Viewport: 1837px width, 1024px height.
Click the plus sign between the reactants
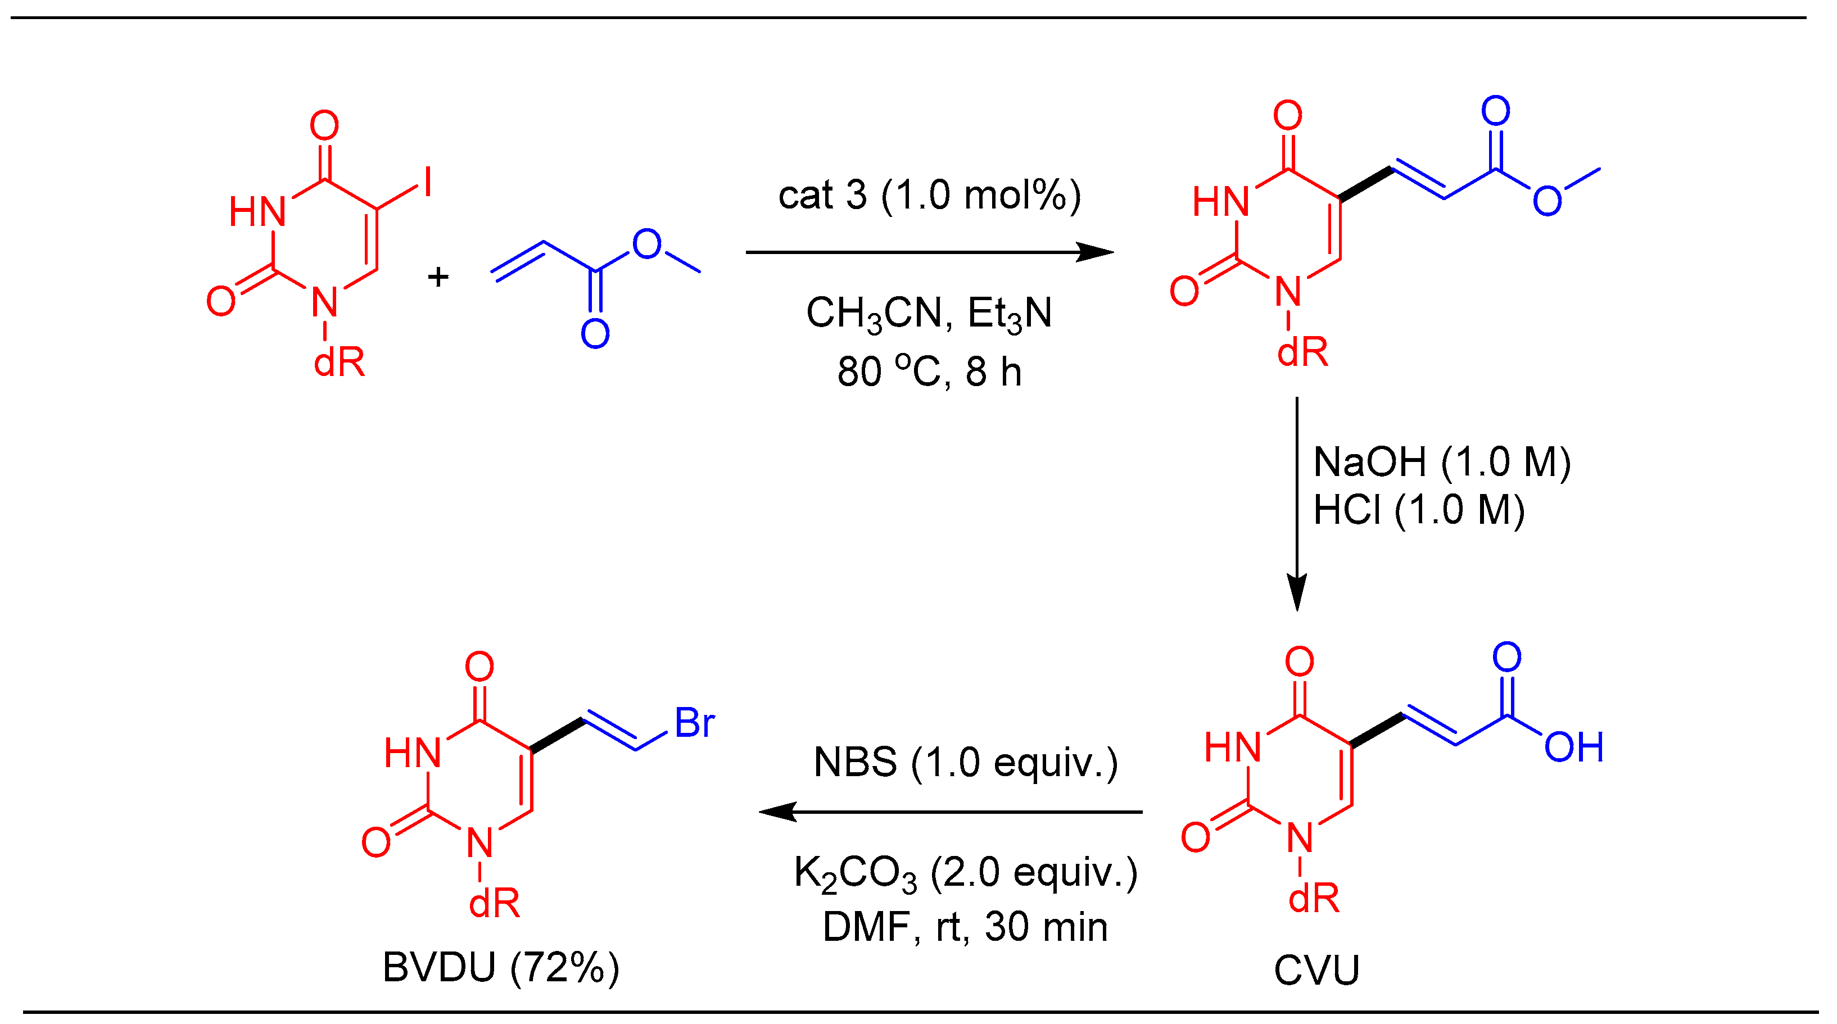coord(438,277)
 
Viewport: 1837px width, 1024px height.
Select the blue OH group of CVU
coord(1573,747)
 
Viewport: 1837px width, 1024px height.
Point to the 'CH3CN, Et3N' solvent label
coord(929,314)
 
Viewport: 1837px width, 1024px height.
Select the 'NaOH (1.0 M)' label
coord(1441,462)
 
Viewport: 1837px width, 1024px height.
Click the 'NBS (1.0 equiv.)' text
coord(966,762)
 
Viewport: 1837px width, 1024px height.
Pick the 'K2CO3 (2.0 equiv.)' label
coord(966,873)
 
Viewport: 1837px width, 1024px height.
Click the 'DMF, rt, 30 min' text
coord(966,927)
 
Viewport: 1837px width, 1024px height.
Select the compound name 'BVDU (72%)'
coord(501,968)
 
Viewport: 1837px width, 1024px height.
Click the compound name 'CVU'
coord(1316,971)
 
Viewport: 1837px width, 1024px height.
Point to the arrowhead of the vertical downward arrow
coord(1296,595)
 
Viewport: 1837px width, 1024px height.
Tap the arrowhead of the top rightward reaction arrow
coord(1097,252)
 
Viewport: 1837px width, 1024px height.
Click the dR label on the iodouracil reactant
coord(340,363)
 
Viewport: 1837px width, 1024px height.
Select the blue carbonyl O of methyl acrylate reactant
coord(595,334)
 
